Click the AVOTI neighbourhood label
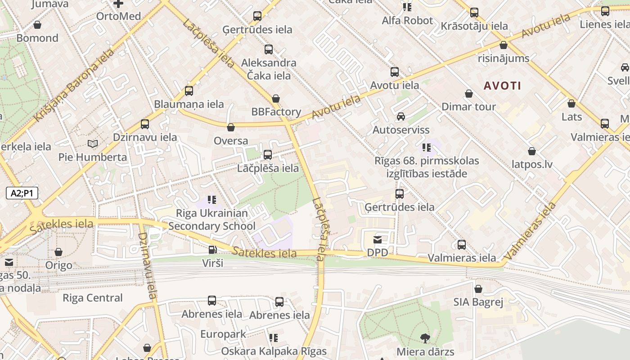[x=502, y=85]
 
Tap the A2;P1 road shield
[x=22, y=193]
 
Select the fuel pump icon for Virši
[x=212, y=249]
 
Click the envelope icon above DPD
[x=377, y=240]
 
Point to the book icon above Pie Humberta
[x=93, y=144]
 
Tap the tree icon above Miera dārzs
[x=425, y=338]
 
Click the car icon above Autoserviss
[x=400, y=117]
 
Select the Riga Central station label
[x=92, y=298]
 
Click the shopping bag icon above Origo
[x=58, y=252]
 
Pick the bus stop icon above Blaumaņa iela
[x=189, y=91]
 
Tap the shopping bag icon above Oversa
[x=231, y=128]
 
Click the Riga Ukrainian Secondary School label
[x=211, y=220]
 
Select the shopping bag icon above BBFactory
[x=276, y=99]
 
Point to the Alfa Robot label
[x=407, y=21]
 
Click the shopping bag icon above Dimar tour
[x=469, y=94]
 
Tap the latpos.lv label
[x=532, y=164]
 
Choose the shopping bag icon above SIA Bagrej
[x=478, y=289]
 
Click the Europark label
[x=223, y=334]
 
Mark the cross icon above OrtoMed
[x=118, y=4]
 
